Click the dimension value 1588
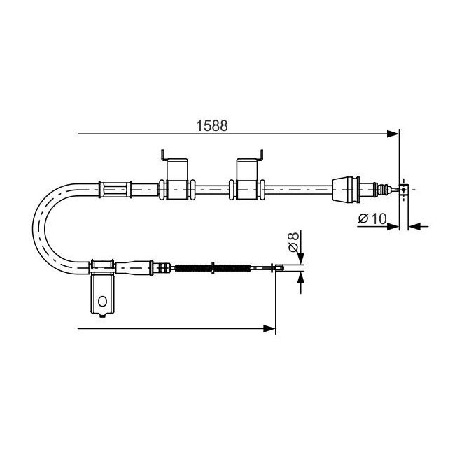[x=212, y=125]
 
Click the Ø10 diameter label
[x=372, y=218]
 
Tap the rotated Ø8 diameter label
[x=293, y=241]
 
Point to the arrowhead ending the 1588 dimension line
[x=393, y=134]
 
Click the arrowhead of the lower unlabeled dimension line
[x=269, y=329]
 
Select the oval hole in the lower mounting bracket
[x=102, y=301]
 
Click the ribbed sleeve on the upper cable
[x=115, y=190]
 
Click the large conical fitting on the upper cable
[x=346, y=189]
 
